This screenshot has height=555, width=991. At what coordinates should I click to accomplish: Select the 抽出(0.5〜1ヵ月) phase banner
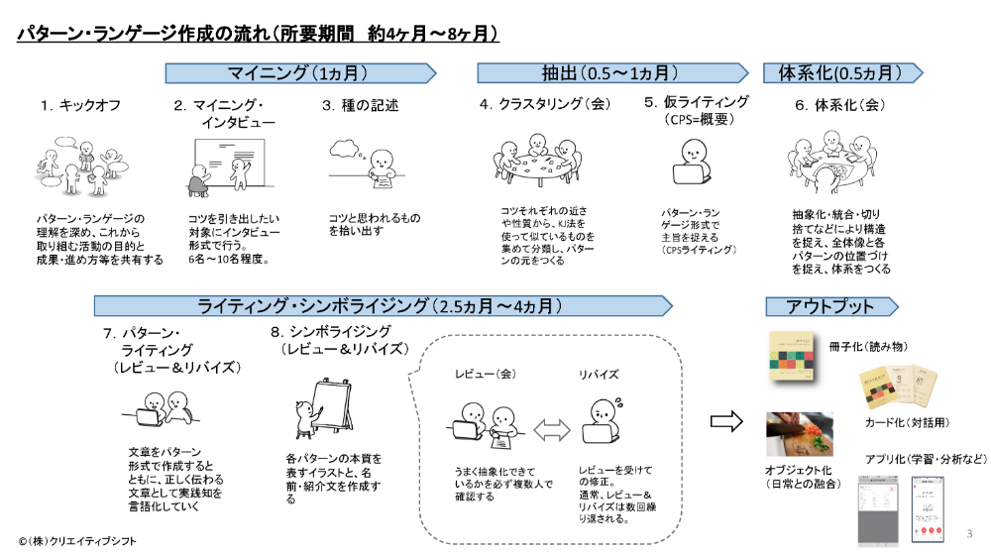(611, 72)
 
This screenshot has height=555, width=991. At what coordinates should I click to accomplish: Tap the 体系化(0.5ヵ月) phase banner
(842, 72)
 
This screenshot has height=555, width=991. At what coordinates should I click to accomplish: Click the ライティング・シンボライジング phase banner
(396, 305)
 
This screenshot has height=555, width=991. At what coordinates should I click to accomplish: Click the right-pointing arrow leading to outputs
(728, 420)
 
